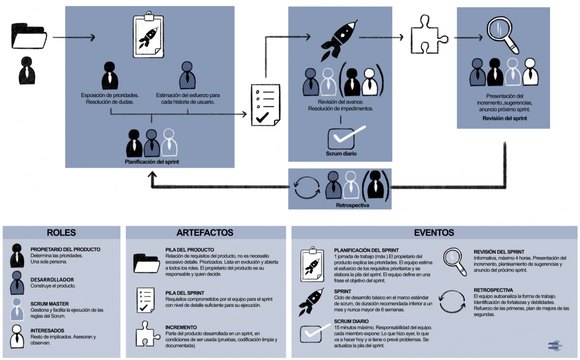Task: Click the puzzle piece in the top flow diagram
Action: [428, 37]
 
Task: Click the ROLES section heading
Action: [61, 232]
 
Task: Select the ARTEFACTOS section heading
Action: [205, 232]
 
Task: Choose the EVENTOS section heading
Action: [434, 232]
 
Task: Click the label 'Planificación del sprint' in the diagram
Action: [151, 162]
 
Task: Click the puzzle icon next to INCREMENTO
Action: [145, 334]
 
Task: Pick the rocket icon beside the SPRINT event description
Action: [312, 302]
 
